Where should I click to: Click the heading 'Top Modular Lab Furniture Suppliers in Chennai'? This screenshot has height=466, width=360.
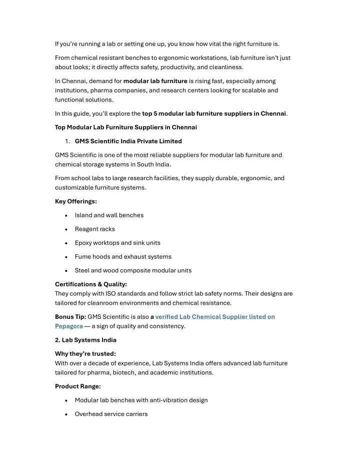(126, 127)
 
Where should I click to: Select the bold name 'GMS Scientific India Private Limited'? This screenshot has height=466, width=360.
(128, 141)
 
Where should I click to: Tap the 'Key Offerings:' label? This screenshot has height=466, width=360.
(76, 201)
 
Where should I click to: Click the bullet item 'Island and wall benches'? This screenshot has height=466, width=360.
(109, 215)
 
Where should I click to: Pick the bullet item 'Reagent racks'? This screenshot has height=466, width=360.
(95, 229)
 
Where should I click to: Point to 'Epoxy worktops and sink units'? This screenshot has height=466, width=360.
(117, 243)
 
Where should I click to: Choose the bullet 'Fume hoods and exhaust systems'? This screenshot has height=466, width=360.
(123, 256)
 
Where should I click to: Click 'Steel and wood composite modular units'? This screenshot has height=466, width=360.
(133, 270)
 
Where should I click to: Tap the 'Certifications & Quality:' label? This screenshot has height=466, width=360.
(91, 284)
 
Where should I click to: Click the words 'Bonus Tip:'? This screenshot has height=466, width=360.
(70, 317)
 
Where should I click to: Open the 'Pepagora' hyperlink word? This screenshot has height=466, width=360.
(69, 326)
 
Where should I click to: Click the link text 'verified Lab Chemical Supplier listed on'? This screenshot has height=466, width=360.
(215, 317)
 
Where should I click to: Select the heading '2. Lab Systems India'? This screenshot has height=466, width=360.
(85, 340)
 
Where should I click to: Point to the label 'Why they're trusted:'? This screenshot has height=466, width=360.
(85, 354)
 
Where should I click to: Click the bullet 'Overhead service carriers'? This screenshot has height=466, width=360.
(111, 414)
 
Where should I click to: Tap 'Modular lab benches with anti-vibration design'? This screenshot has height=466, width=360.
(141, 400)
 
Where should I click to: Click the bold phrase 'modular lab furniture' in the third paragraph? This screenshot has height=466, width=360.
(155, 81)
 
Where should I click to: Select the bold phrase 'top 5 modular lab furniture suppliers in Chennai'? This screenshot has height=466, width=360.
(214, 113)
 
